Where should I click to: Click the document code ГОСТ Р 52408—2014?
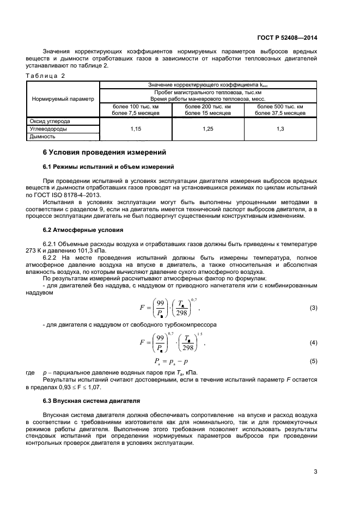pyautogui.click(x=287, y=38)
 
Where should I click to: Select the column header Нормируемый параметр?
pyautogui.click(x=63, y=99)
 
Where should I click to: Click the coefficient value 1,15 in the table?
pyautogui.click(x=136, y=129)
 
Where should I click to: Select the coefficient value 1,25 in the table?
pyautogui.click(x=208, y=129)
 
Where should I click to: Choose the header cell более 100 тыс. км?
pyautogui.click(x=136, y=106)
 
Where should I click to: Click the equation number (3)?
pyautogui.click(x=313, y=308)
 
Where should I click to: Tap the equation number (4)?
pyautogui.click(x=313, y=342)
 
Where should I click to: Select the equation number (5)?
pyautogui.click(x=313, y=361)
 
